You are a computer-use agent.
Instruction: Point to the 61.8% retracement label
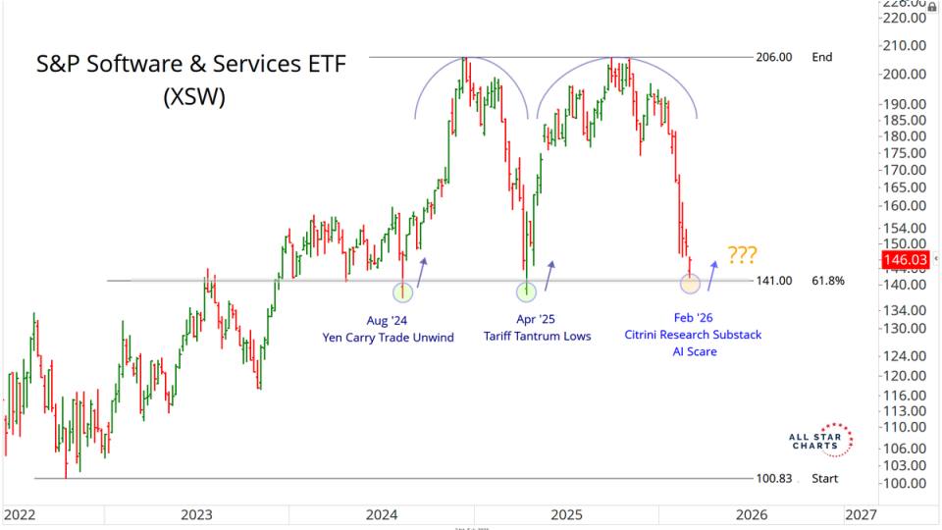[x=828, y=281]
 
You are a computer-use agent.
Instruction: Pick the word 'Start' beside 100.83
[x=826, y=478]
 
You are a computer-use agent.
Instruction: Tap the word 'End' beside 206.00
[x=821, y=57]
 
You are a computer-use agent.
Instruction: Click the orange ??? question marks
[x=742, y=255]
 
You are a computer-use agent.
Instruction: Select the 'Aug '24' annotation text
[x=388, y=319]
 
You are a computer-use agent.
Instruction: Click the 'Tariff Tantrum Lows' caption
[x=537, y=337]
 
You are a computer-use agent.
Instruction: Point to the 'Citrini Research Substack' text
[x=694, y=335]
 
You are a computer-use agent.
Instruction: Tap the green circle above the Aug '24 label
[x=402, y=291]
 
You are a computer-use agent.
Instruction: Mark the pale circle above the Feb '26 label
[x=690, y=284]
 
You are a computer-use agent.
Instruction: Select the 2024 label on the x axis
[x=382, y=513]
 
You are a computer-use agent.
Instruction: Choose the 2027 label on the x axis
[x=861, y=513]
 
